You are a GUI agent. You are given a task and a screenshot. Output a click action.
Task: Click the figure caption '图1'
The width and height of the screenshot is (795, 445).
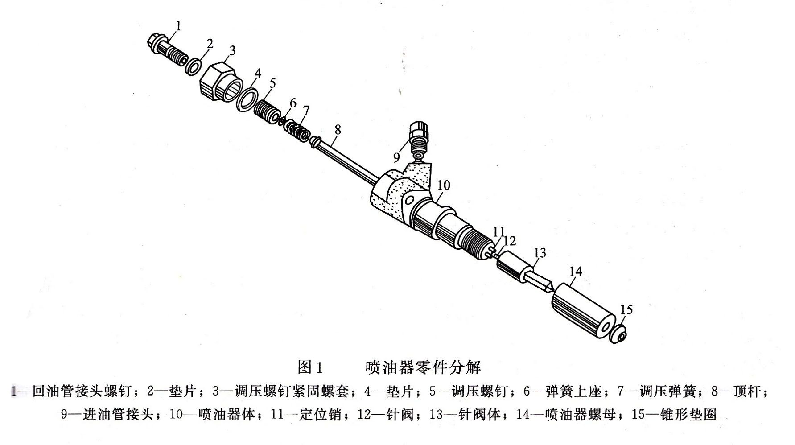click(309, 367)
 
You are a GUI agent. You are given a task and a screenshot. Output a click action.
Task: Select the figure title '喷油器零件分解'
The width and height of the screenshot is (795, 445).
click(423, 367)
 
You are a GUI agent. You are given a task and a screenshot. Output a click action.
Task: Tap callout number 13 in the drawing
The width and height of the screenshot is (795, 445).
click(540, 253)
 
